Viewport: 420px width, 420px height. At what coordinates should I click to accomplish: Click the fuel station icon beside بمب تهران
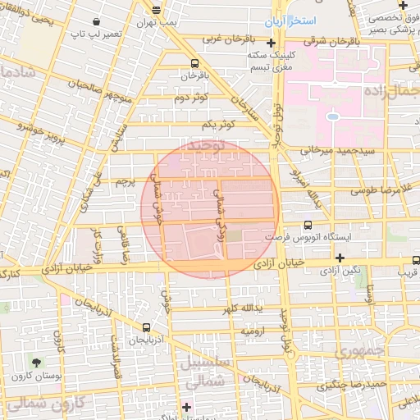point(156,10)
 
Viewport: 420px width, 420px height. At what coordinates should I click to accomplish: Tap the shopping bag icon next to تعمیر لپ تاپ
point(98,21)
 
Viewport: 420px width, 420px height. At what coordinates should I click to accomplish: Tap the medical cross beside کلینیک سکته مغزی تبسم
point(271,43)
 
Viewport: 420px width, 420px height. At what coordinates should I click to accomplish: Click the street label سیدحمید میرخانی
point(337,150)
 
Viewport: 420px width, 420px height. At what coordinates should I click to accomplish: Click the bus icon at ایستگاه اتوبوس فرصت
point(308,225)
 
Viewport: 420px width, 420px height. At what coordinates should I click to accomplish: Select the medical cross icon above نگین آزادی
point(339,258)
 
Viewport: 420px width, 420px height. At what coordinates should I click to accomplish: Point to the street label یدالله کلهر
point(241,309)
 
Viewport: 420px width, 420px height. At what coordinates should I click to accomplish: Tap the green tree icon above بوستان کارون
point(35,361)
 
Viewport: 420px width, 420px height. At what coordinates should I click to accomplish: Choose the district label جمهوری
point(358,351)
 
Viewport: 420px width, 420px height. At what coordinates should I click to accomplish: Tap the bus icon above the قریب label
point(416,260)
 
